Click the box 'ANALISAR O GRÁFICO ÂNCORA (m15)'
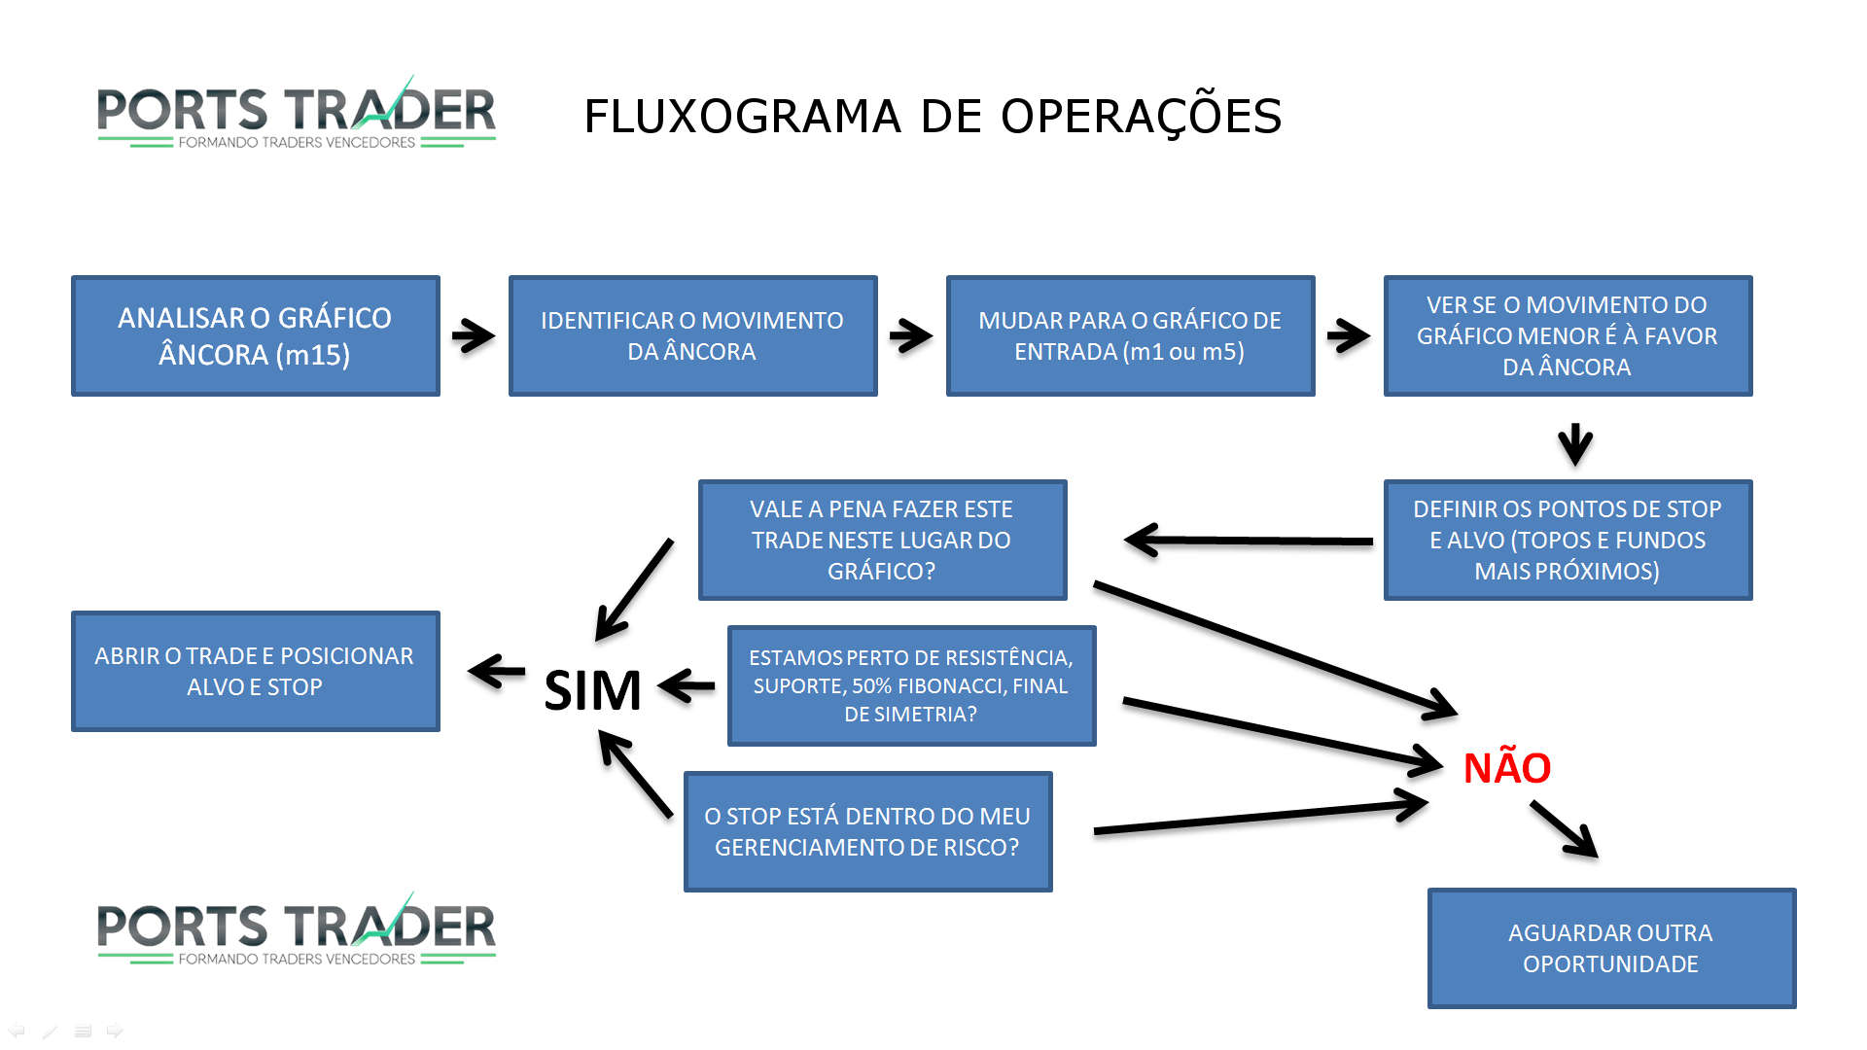coord(255,335)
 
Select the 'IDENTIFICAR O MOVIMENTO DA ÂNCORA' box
coord(692,335)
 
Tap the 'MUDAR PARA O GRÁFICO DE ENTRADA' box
coord(1130,335)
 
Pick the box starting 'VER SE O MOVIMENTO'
coord(1568,335)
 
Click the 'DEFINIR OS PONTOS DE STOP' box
coord(1568,540)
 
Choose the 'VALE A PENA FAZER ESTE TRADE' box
coord(882,540)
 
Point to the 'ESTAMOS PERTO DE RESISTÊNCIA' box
coord(911,685)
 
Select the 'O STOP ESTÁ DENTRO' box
coord(867,831)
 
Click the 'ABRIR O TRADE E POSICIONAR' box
coord(255,671)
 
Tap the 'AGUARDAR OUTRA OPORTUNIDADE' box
coord(1611,948)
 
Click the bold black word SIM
coord(592,690)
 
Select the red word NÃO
coord(1507,768)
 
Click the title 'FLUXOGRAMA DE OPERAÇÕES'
coord(933,117)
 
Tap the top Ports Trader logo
coord(297,113)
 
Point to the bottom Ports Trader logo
coord(297,929)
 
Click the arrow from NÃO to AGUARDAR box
coord(1564,828)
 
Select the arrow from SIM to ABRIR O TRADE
coord(497,671)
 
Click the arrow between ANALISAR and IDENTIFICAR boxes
coord(474,336)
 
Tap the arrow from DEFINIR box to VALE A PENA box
coord(1250,540)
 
